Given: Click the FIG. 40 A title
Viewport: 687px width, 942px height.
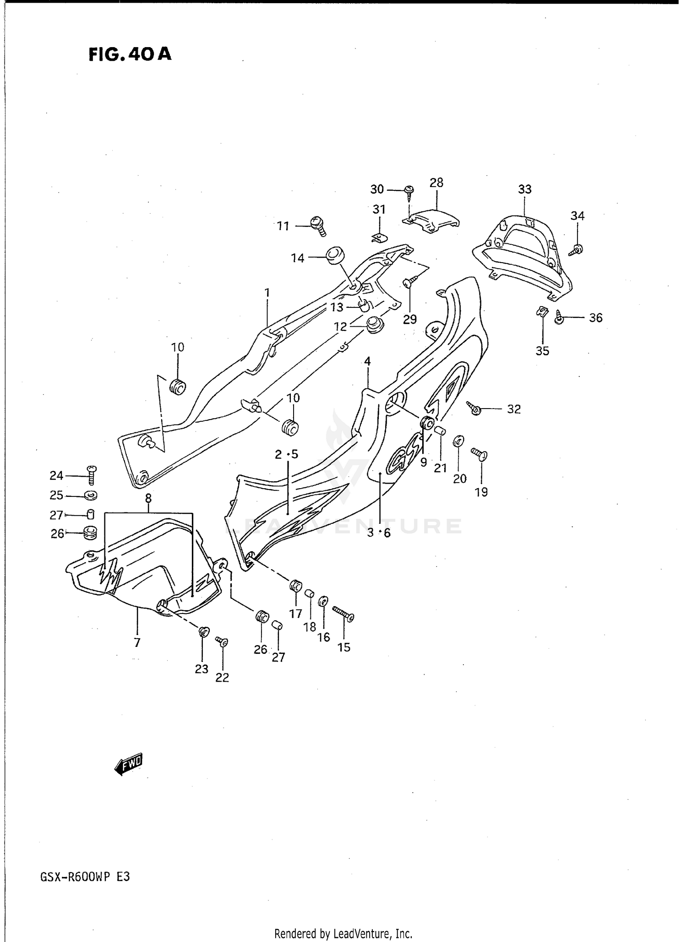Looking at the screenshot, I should point(130,54).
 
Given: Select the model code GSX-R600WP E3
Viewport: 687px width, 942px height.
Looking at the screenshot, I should point(85,877).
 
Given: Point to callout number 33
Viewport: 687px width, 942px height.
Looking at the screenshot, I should point(525,189).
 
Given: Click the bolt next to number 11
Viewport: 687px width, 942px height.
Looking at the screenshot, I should point(317,226).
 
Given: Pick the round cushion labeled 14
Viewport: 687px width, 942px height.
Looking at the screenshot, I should point(335,256).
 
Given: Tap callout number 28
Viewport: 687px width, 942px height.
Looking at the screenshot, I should point(436,183).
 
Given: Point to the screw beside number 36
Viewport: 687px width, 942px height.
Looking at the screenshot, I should point(560,317).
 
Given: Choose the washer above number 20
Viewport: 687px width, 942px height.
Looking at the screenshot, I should point(458,441).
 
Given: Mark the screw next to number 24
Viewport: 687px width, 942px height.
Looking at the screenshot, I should point(92,475).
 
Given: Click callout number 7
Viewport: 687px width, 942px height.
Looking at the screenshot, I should point(137,643).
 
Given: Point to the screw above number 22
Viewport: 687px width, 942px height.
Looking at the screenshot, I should point(222,642).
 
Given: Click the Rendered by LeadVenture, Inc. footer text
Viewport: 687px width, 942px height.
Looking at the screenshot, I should point(343,933).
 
